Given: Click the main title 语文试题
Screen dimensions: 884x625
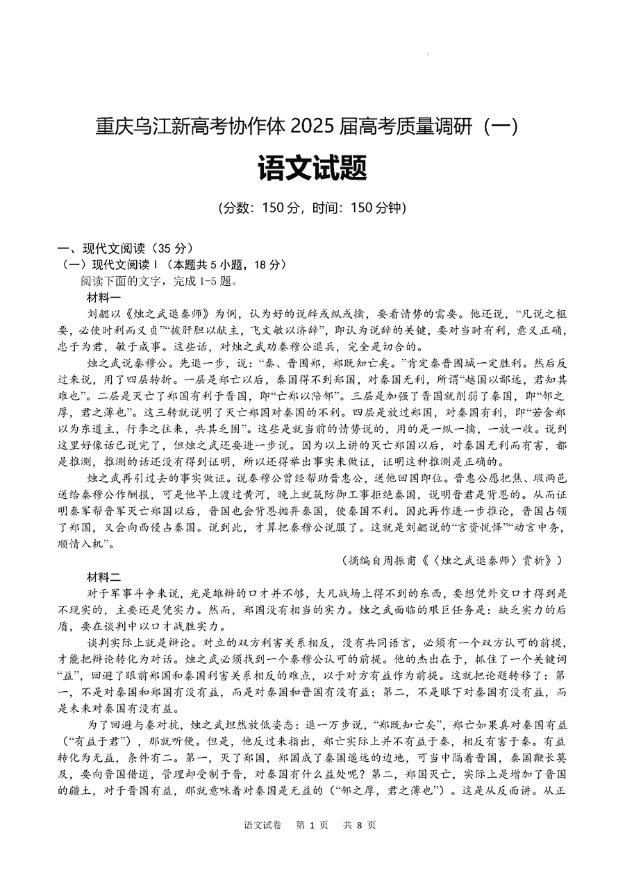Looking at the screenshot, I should click(x=312, y=168).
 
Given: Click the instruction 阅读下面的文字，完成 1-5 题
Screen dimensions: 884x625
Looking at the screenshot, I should click(x=160, y=281).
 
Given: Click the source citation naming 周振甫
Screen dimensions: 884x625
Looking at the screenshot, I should click(x=452, y=559).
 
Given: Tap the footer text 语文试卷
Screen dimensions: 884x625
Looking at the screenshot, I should click(x=262, y=825).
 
